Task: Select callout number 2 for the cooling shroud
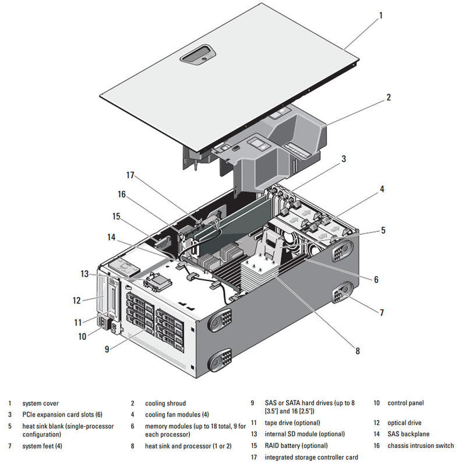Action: pyautogui.click(x=388, y=98)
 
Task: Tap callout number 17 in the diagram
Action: pyautogui.click(x=130, y=175)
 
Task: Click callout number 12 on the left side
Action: pyautogui.click(x=76, y=301)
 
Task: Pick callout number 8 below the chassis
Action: pyautogui.click(x=358, y=351)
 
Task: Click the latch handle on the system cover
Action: pyautogui.click(x=199, y=57)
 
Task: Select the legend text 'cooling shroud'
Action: pyautogui.click(x=165, y=403)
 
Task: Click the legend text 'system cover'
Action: pyautogui.click(x=40, y=403)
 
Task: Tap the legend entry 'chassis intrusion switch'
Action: pyautogui.click(x=421, y=446)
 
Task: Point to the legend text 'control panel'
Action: pyautogui.click(x=405, y=403)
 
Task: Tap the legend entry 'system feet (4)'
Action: pyautogui.click(x=42, y=446)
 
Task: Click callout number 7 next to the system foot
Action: pyautogui.click(x=382, y=313)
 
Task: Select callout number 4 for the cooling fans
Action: pyautogui.click(x=382, y=189)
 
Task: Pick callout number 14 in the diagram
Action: pyautogui.click(x=111, y=237)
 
